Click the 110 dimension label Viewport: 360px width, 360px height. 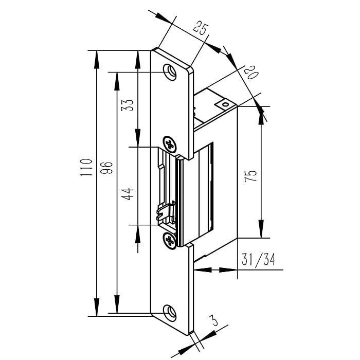86,167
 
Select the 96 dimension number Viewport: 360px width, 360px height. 107,168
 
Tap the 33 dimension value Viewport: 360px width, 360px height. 127,105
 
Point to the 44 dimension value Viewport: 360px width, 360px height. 127,194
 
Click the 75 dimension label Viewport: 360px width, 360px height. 250,176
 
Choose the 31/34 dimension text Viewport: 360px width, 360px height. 259,259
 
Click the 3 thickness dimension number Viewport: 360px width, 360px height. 214,320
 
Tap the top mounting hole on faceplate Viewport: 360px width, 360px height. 170,72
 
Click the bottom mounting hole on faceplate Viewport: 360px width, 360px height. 170,313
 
